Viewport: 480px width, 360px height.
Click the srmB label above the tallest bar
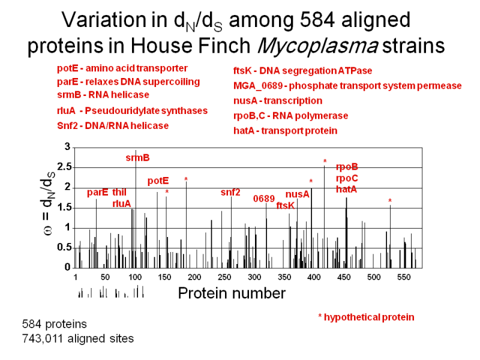point(137,158)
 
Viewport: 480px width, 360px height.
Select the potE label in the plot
point(158,180)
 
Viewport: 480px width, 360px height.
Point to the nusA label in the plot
point(297,194)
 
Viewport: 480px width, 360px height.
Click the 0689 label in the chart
point(264,198)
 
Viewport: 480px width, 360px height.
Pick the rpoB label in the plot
point(347,167)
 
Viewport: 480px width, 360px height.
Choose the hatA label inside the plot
point(346,189)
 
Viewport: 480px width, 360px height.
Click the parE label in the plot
point(97,192)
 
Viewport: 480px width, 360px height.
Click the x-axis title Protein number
point(232,293)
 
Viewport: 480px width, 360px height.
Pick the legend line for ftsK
point(302,71)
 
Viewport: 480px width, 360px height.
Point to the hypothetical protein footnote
point(366,317)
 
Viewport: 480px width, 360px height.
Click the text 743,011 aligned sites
point(77,338)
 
